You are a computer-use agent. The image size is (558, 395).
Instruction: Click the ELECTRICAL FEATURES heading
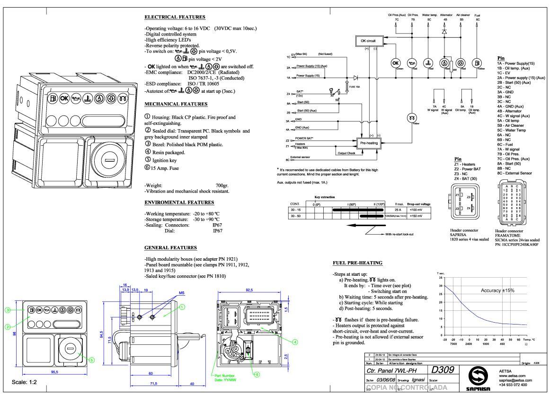pos(175,17)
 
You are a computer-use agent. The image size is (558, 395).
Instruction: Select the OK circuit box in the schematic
pos(364,41)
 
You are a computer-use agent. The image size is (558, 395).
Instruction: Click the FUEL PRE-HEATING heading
pos(357,263)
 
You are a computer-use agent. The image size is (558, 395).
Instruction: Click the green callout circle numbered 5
pos(92,360)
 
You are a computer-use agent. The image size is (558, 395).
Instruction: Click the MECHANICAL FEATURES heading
pos(176,104)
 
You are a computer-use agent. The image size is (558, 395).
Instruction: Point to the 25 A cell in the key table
pos(398,210)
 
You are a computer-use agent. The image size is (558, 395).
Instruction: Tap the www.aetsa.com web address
pos(513,375)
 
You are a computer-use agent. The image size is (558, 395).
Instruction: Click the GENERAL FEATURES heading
pos(170,247)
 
